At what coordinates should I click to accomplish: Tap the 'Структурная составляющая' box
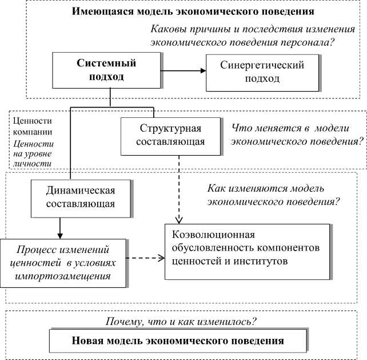point(162,136)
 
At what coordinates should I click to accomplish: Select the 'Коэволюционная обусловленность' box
point(247,251)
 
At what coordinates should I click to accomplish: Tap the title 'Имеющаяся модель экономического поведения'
point(193,11)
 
